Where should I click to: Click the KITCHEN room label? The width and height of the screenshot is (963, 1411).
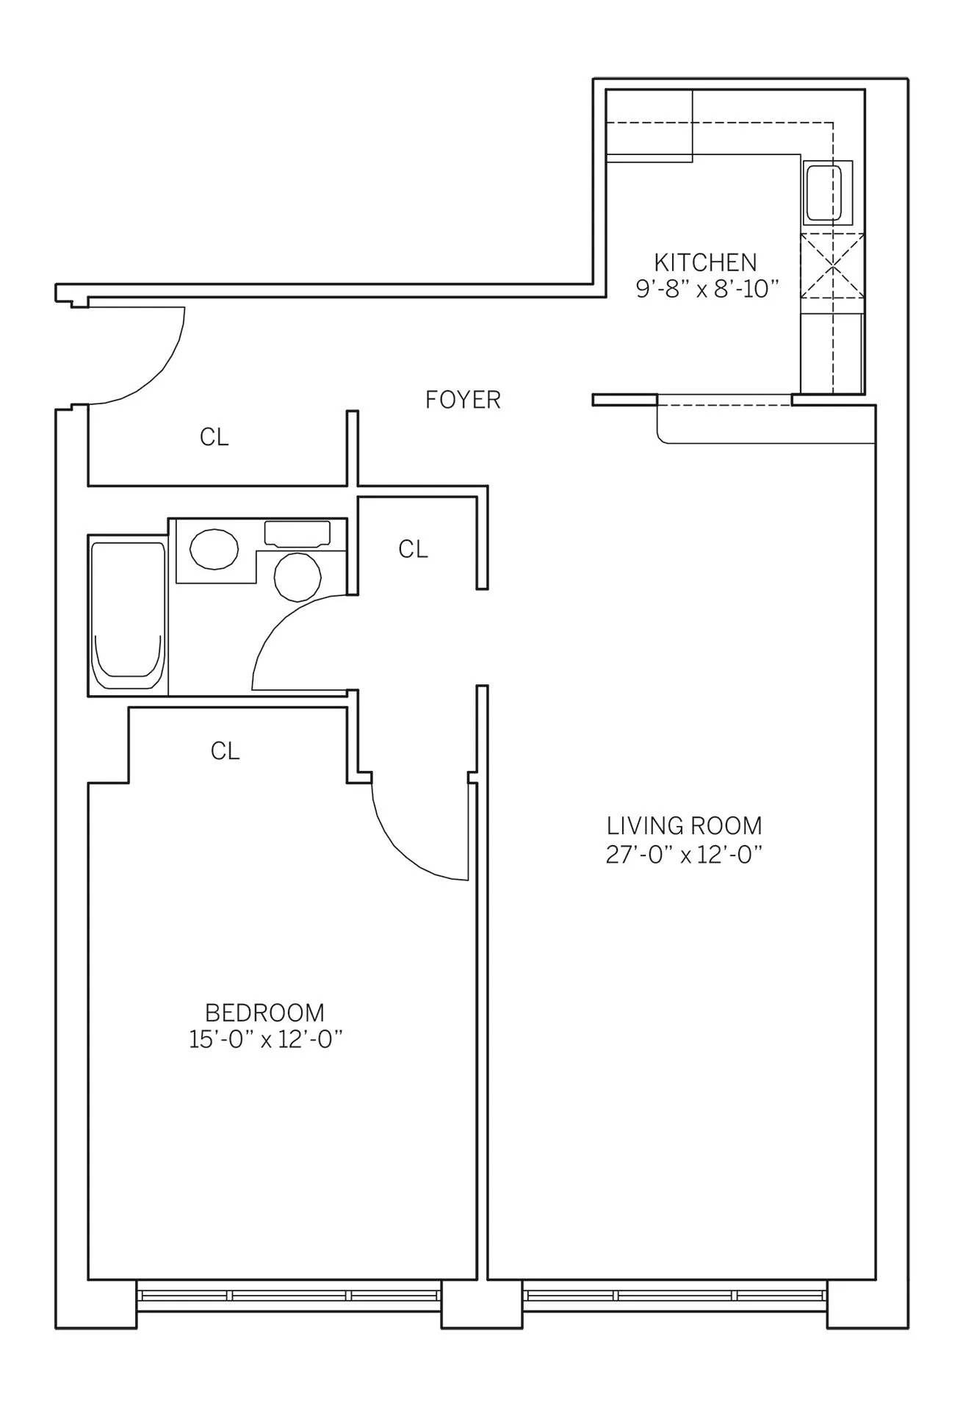point(704,262)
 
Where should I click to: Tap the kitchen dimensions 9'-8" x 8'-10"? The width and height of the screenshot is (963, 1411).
point(706,289)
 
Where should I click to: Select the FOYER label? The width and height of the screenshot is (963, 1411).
point(463,400)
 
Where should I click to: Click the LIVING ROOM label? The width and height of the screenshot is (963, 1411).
point(684,826)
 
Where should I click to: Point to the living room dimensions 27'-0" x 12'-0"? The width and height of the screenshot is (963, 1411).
point(684,855)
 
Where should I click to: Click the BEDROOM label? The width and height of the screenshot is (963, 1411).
point(264,1013)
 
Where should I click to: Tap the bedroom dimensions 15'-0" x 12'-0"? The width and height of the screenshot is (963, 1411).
point(266,1041)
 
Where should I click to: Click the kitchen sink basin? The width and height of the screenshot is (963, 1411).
point(823,193)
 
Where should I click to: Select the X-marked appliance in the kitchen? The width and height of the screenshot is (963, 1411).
point(832,265)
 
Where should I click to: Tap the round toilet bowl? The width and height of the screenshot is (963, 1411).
point(297,577)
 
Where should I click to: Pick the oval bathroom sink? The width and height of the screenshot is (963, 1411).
point(214,549)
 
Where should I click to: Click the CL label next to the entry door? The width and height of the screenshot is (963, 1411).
point(214,437)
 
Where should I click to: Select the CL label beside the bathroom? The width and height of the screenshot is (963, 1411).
point(413,549)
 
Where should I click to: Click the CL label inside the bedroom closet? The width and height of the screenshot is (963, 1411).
point(225,751)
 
